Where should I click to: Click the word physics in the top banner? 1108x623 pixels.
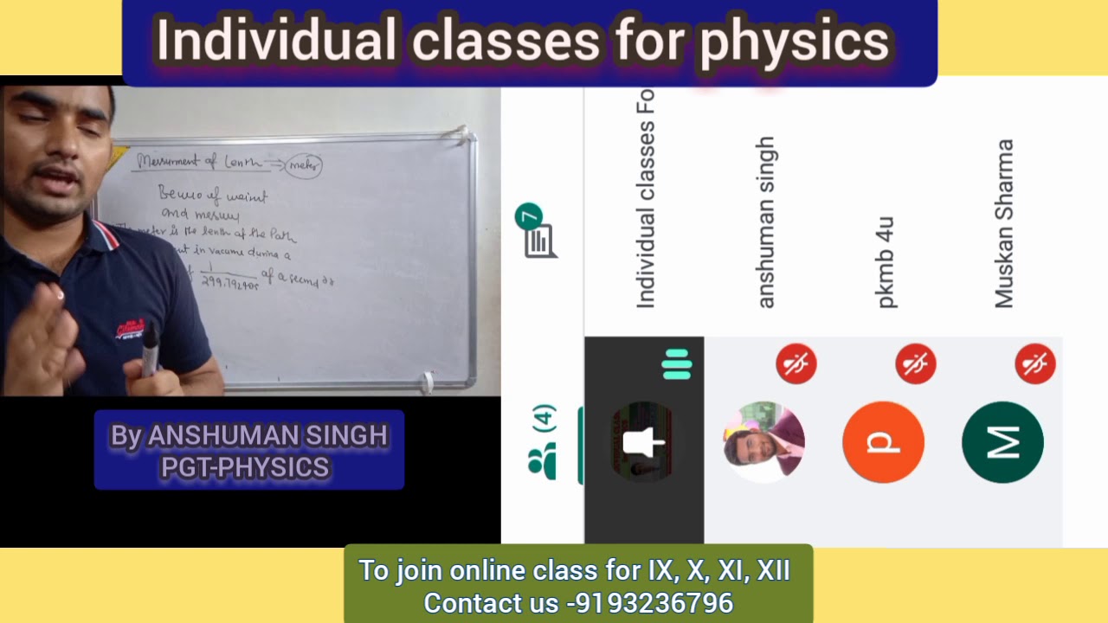pos(794,41)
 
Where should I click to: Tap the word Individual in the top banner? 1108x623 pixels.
pos(276,41)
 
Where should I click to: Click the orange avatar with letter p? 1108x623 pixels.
pos(883,442)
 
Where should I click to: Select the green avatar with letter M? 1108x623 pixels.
pos(1002,442)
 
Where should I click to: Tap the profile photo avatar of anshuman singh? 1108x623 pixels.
pos(763,440)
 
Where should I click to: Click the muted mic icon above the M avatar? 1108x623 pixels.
pos(1035,363)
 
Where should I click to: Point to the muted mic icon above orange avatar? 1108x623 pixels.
pos(916,363)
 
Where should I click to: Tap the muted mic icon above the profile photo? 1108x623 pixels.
pos(796,363)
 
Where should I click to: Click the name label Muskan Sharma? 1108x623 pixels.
pos(1003,223)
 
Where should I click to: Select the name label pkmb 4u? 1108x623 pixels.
pos(885,263)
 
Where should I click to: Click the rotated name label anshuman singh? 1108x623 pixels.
pos(766,222)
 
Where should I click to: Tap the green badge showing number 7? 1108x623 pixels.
pos(528,216)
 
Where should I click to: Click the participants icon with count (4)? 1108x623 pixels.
pos(543,441)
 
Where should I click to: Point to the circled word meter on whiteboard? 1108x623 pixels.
pos(303,164)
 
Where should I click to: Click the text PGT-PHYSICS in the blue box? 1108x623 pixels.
pos(245,468)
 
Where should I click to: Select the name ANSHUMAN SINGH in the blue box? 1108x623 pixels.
pos(267,435)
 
